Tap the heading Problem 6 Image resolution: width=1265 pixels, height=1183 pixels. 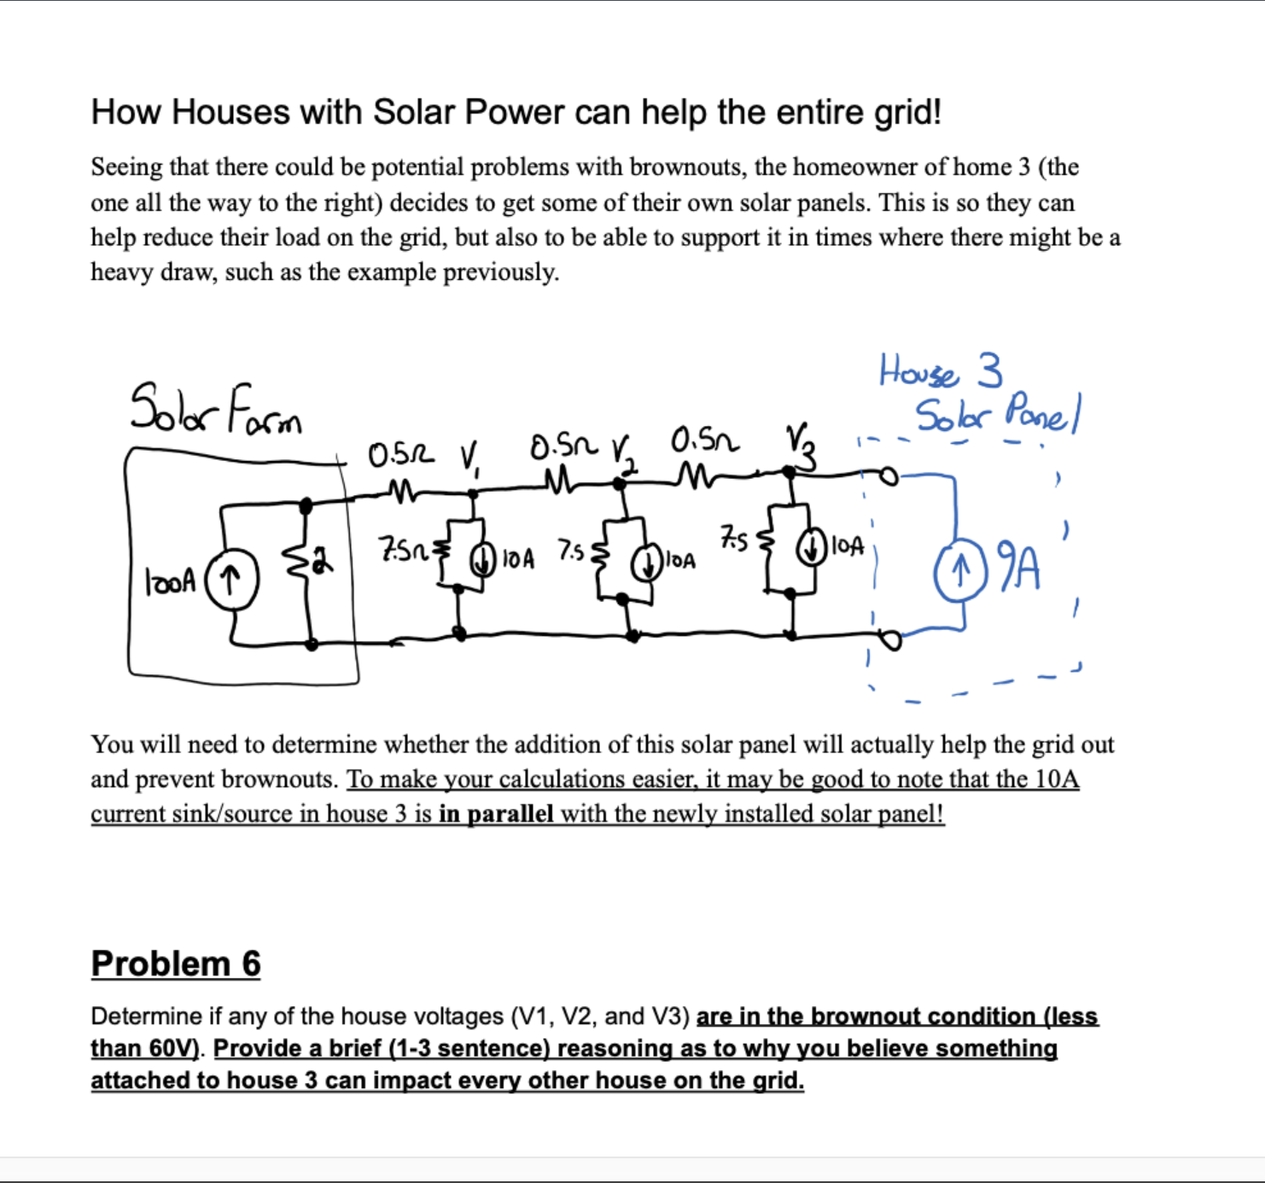pos(176,964)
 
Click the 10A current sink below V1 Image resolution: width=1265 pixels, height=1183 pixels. pos(484,558)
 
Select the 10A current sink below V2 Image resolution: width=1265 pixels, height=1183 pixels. pos(647,562)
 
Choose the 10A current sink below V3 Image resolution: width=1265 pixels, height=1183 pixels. pos(810,547)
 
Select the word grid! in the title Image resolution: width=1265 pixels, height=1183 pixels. pos(908,113)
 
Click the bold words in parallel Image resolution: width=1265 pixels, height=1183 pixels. pos(496,813)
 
